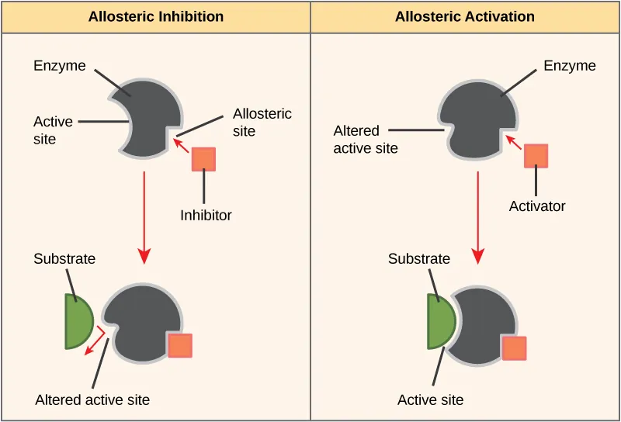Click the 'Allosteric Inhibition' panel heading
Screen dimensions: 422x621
tap(156, 16)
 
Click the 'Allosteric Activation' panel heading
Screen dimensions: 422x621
tap(465, 16)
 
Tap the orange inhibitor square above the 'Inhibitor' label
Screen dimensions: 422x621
tap(203, 158)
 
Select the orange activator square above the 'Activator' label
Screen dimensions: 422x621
tap(536, 155)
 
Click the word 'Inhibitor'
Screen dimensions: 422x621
tap(206, 216)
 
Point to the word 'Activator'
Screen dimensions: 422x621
tap(537, 206)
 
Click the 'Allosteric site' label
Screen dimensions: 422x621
tap(262, 123)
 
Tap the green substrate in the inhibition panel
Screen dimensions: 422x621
tap(79, 320)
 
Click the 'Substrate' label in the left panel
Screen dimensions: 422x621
tap(64, 259)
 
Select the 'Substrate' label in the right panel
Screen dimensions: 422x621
tap(419, 259)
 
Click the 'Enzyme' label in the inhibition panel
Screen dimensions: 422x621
tap(59, 66)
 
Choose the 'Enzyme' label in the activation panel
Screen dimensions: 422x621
tap(570, 66)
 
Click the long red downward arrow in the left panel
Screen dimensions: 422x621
tap(144, 217)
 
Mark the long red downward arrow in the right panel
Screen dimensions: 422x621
tap(478, 217)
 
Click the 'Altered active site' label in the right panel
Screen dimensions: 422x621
tap(366, 140)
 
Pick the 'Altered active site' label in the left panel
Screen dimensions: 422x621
tap(92, 400)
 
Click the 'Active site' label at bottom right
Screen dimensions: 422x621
tap(430, 400)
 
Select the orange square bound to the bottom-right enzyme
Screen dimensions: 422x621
tap(514, 348)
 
